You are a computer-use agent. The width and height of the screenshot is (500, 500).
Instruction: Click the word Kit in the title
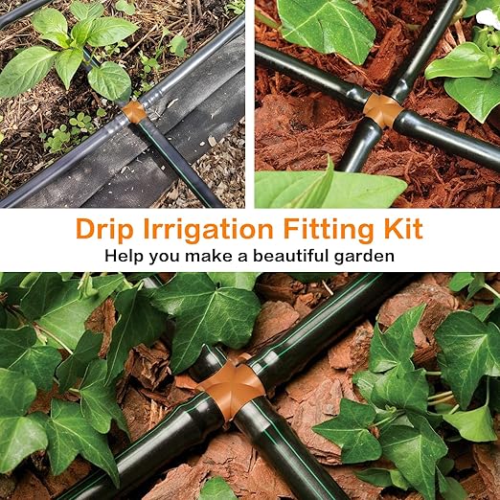click(x=398, y=231)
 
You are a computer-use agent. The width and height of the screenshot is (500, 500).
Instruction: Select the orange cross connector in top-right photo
click(x=382, y=110)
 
